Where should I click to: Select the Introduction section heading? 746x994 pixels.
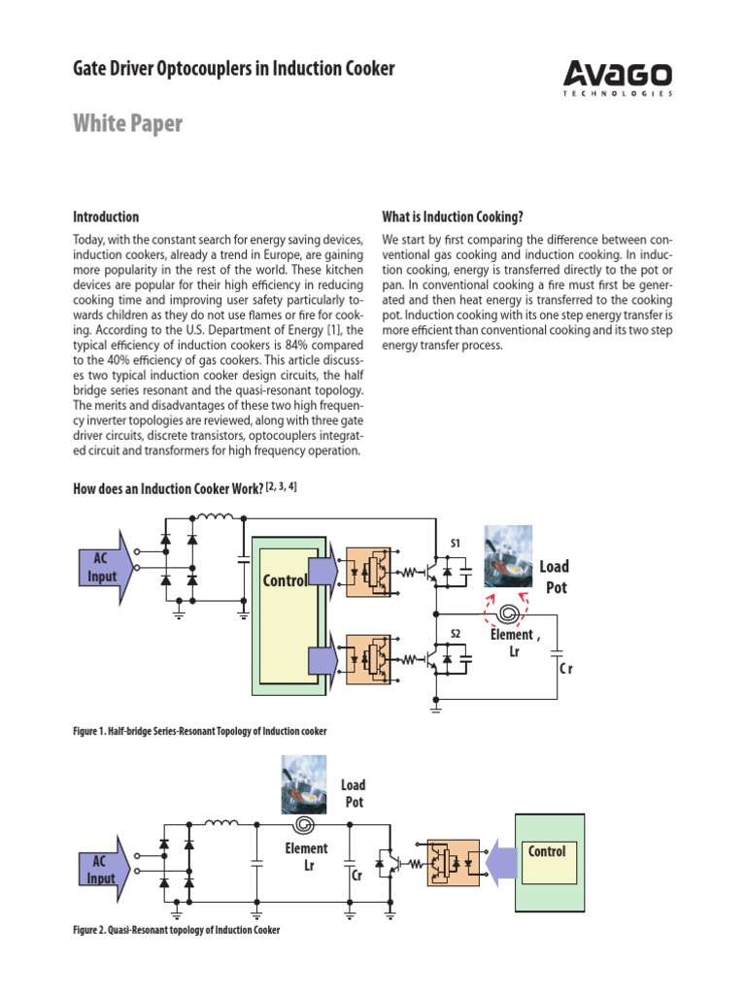click(x=106, y=216)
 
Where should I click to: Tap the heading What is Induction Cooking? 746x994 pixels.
click(x=454, y=216)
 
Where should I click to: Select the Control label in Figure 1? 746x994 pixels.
click(x=285, y=580)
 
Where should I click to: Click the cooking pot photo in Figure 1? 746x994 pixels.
click(x=508, y=556)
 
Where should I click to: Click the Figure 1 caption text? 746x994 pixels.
click(x=200, y=730)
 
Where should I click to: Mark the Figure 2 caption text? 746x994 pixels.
click(x=176, y=930)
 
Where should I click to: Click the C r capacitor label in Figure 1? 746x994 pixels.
click(x=566, y=670)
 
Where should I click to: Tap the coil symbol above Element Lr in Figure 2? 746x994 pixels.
click(x=304, y=826)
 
